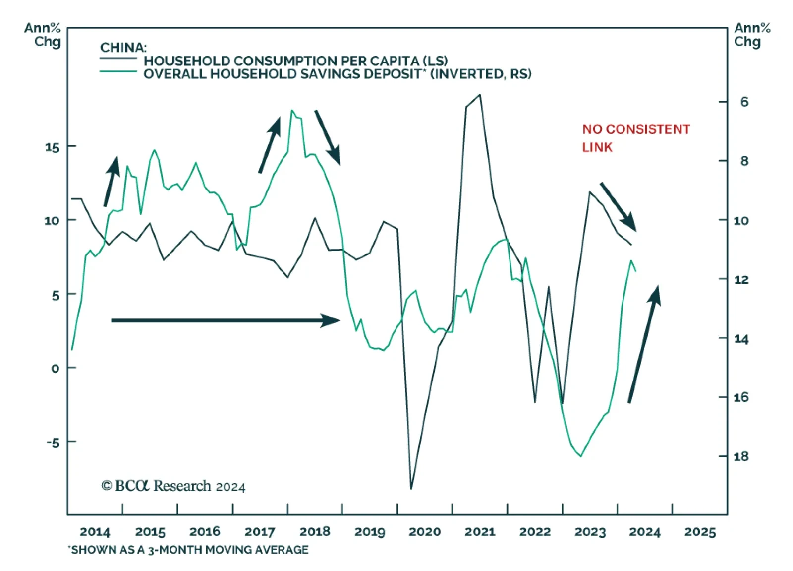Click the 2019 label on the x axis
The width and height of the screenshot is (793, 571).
point(370,532)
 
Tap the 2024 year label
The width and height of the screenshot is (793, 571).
point(645,532)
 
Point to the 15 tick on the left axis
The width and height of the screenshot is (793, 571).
point(53,147)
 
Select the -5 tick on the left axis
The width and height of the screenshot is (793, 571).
point(53,442)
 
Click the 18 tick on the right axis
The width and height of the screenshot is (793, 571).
point(741,456)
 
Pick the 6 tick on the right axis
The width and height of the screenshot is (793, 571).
point(744,102)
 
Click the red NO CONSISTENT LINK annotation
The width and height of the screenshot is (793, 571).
point(636,138)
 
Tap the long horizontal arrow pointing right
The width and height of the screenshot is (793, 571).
point(226,320)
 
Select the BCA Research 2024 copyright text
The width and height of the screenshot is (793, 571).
point(173,486)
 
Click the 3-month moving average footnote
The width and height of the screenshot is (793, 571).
point(188,550)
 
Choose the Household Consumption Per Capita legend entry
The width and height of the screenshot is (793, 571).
point(295,61)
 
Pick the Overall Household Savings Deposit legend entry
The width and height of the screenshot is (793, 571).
point(337,74)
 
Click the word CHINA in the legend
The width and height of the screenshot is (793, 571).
point(123,48)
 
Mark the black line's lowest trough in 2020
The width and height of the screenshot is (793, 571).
point(411,489)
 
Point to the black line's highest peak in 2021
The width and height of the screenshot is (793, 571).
point(479,95)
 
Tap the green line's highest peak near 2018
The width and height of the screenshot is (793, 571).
point(291,110)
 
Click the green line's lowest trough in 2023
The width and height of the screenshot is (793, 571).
point(581,456)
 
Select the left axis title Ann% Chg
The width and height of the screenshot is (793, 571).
point(43,35)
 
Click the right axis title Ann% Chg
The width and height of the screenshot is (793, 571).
point(752,35)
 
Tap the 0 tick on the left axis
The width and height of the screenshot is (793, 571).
point(55,368)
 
